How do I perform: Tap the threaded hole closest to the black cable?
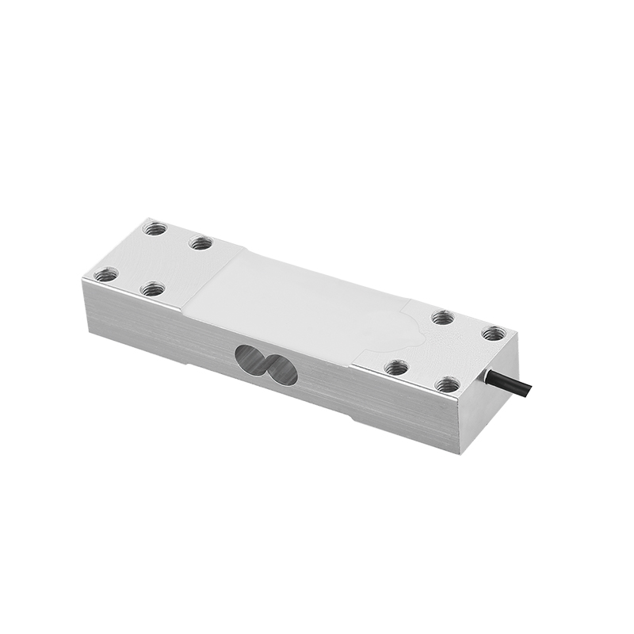[x=493, y=333]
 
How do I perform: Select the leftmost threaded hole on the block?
[x=105, y=275]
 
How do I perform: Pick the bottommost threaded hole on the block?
[x=448, y=385]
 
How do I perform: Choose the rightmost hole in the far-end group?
[x=201, y=243]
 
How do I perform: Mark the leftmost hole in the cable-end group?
[x=395, y=367]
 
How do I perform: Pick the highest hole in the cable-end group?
[x=443, y=317]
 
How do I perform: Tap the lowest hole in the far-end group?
[x=152, y=289]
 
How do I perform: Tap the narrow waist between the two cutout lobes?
[x=267, y=365]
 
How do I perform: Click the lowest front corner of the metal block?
[x=459, y=453]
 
